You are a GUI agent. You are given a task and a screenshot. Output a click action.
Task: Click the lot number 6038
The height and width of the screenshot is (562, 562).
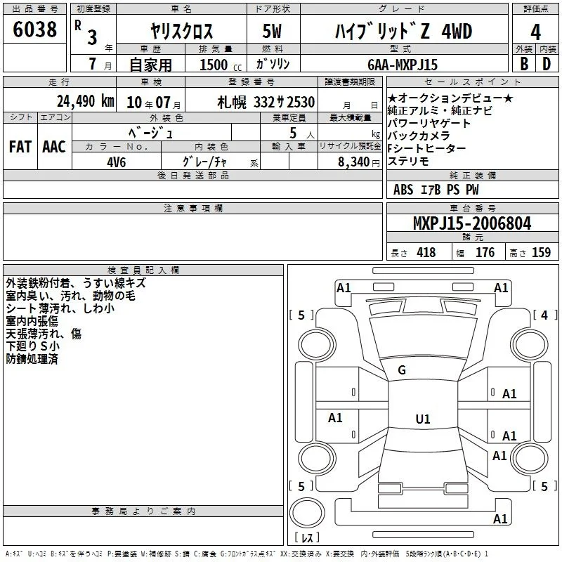(34, 30)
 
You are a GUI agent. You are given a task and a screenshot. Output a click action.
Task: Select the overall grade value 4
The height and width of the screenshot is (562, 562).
(535, 32)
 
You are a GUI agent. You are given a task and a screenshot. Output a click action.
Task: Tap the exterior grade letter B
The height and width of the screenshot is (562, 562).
(524, 64)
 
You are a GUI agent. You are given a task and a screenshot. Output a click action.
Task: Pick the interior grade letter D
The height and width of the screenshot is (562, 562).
(547, 64)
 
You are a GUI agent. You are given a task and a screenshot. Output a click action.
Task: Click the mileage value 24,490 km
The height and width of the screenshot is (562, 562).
(86, 101)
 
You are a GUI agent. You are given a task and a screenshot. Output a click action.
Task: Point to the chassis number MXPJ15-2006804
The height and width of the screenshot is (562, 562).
(472, 223)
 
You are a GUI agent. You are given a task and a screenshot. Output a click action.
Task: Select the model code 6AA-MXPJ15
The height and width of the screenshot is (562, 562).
(403, 65)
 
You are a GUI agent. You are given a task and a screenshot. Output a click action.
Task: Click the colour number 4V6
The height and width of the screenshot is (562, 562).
(117, 162)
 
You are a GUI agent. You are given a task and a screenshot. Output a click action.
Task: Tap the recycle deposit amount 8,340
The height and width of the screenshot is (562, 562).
(354, 162)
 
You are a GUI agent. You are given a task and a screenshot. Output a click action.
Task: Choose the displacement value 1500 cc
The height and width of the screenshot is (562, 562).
(221, 65)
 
